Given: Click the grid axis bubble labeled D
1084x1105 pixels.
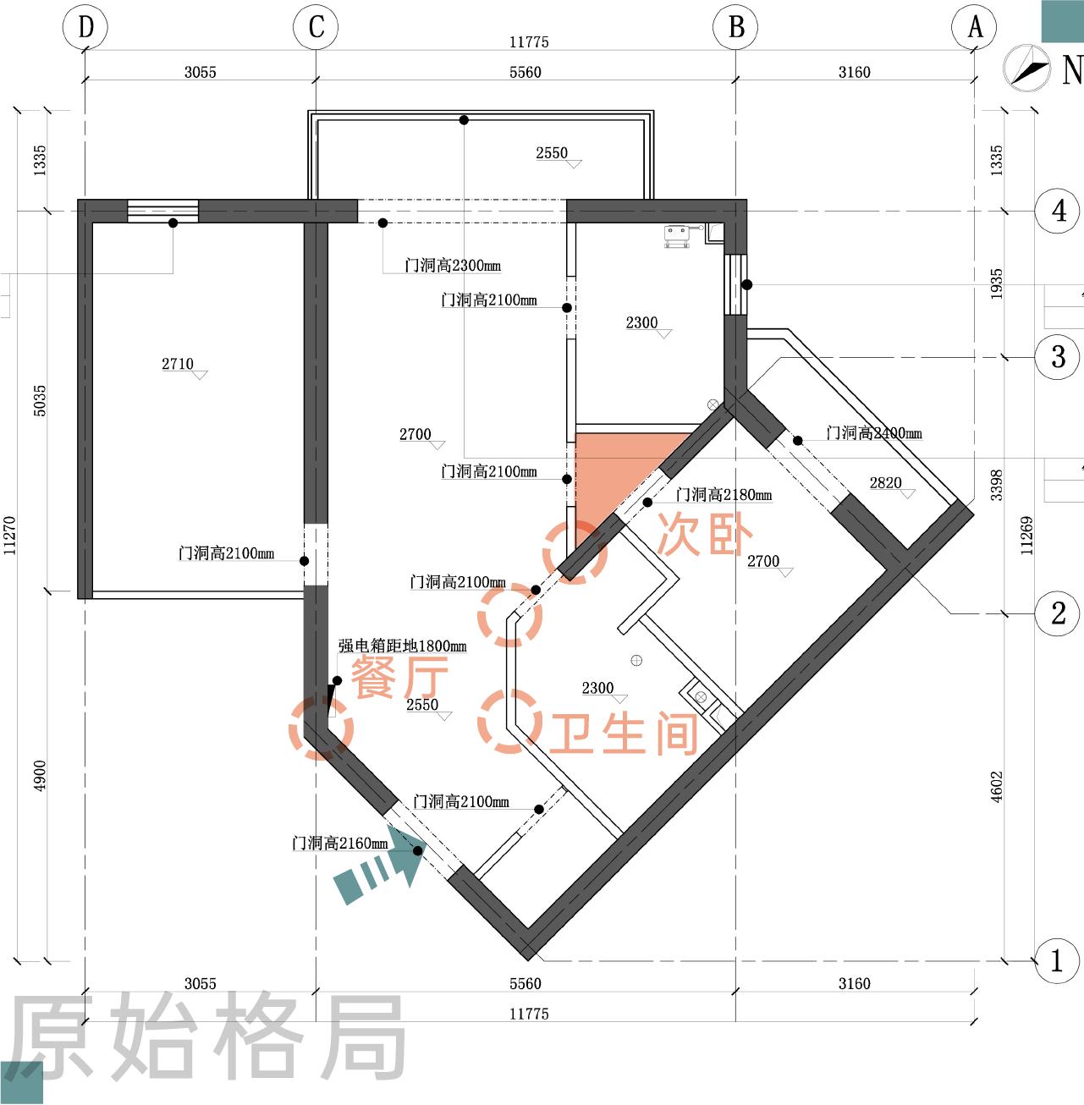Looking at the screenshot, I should [x=85, y=27].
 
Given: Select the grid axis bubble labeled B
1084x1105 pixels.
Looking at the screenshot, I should [x=735, y=27].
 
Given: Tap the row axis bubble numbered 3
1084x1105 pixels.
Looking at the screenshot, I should [x=1058, y=356].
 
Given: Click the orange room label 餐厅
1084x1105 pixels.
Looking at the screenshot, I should [x=399, y=677].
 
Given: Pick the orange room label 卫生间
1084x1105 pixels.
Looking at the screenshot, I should [x=625, y=733].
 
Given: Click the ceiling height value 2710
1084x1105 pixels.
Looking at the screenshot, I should [x=178, y=364].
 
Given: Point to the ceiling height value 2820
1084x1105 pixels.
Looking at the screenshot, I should [x=885, y=482].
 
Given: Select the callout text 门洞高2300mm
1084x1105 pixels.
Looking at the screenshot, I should [x=453, y=265].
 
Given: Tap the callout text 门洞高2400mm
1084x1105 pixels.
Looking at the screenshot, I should [x=874, y=432].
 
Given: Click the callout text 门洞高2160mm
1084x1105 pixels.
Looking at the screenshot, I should [x=339, y=843].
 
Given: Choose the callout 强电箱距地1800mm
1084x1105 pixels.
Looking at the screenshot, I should [x=402, y=646].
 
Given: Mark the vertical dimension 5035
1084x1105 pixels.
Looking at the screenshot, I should [x=40, y=400].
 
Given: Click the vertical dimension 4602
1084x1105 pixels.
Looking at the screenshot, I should [x=996, y=786].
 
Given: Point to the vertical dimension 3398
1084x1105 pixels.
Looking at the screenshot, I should [x=996, y=484].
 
